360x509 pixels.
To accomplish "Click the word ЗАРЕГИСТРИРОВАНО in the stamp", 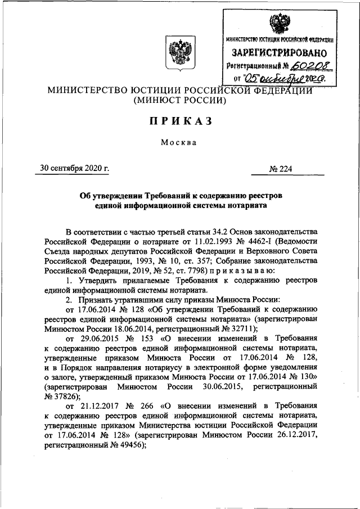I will tap(280, 54).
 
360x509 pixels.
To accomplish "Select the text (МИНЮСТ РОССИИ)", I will tap(179, 101).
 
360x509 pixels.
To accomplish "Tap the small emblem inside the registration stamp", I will tap(278, 25).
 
